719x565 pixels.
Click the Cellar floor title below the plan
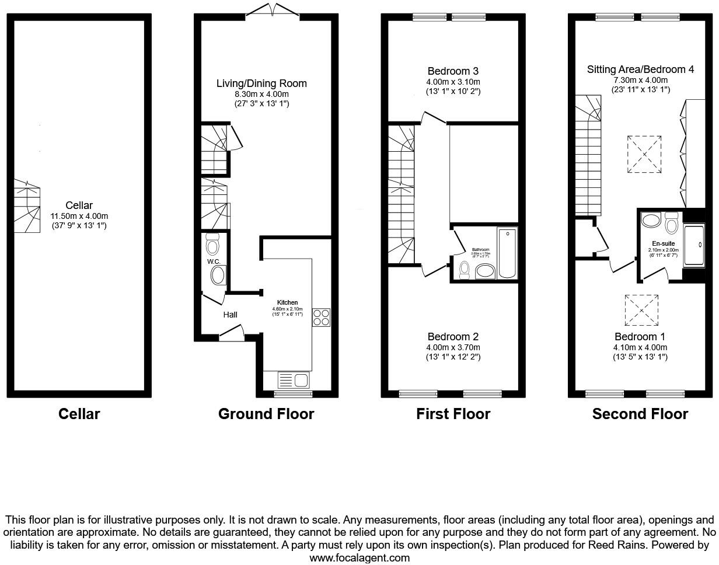[x=79, y=414]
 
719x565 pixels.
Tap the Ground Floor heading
[x=266, y=414]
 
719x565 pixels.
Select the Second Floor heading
[x=640, y=414]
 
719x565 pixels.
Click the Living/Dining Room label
[x=261, y=83]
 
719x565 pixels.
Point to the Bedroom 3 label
[x=453, y=71]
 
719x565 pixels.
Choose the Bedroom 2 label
[x=453, y=337]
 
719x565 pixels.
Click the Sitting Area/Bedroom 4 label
[x=640, y=69]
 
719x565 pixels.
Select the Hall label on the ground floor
[x=230, y=315]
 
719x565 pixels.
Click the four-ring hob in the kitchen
[x=321, y=317]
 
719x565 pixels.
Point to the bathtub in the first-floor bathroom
[x=506, y=253]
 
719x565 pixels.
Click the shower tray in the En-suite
[x=694, y=245]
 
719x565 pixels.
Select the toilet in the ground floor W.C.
[x=212, y=243]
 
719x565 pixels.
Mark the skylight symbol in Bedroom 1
[x=641, y=310]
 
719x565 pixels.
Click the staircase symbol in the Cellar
[x=27, y=206]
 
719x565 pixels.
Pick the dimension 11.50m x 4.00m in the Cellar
[x=79, y=215]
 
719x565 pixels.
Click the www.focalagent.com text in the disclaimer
[x=359, y=557]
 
